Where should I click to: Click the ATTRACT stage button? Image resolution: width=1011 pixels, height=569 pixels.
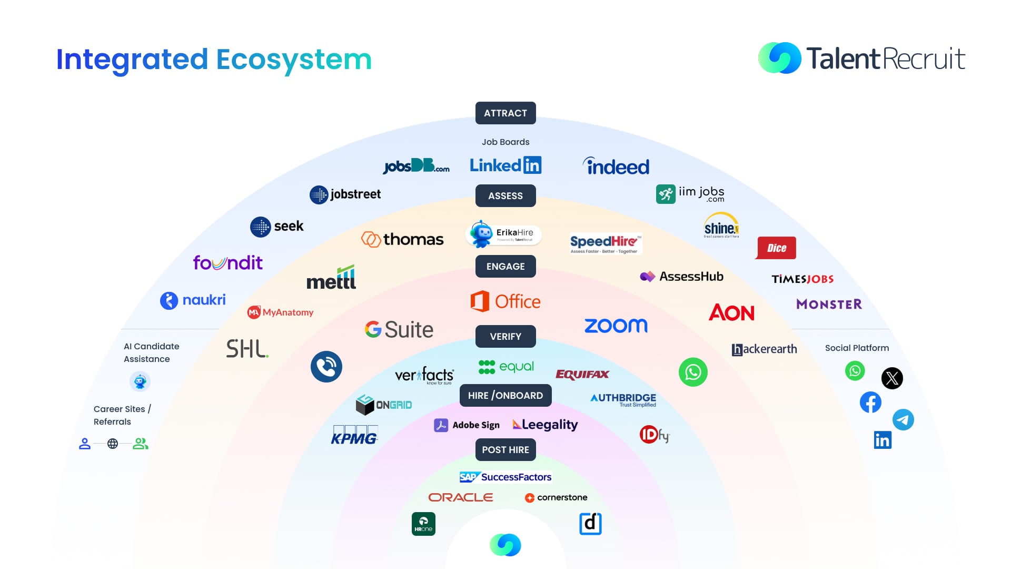(x=506, y=113)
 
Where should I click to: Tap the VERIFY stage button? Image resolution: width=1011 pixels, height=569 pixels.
(x=506, y=337)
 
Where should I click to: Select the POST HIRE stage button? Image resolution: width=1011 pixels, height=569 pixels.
(x=506, y=450)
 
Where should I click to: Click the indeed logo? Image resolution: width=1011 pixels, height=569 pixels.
(x=616, y=166)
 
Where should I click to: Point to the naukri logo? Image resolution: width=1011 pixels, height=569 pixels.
(x=193, y=300)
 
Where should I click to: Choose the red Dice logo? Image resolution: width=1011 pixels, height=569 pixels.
(x=776, y=248)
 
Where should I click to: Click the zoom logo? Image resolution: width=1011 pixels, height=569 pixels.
(x=616, y=326)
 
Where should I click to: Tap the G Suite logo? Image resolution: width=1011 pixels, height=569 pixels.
(x=399, y=330)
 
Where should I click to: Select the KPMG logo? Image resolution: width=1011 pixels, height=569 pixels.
(x=354, y=436)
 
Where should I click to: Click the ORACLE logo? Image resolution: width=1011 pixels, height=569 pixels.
(x=461, y=497)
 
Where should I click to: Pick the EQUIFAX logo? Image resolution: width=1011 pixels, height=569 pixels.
(x=582, y=375)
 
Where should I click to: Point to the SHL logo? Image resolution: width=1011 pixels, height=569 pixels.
(x=247, y=349)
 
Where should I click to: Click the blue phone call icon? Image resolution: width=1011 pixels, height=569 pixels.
(x=326, y=367)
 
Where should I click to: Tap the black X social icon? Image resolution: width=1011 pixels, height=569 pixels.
(x=892, y=378)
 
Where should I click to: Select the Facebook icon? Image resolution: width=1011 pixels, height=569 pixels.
(x=870, y=403)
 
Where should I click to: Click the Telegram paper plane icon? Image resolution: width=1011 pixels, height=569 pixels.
(x=903, y=420)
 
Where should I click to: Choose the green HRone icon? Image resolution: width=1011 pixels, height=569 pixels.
(x=423, y=524)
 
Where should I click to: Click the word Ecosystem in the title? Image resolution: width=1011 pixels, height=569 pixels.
(x=294, y=60)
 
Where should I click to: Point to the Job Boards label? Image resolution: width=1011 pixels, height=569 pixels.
(x=506, y=142)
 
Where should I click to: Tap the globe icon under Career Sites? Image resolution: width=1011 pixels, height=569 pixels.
(x=113, y=444)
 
